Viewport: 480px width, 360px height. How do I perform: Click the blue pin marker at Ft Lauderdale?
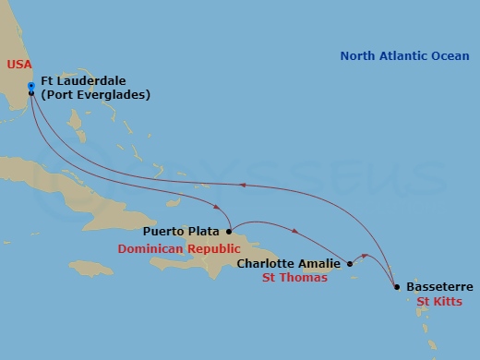[x=31, y=88]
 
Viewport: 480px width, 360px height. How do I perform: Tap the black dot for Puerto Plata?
[x=229, y=231]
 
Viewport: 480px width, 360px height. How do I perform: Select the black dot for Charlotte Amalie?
[x=349, y=264]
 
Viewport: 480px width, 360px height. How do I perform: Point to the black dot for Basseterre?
[x=397, y=287]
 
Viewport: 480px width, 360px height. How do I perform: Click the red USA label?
[x=18, y=66]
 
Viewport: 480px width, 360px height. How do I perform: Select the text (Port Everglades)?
[x=95, y=94]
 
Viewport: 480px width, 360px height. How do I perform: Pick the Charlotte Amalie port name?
[x=288, y=264]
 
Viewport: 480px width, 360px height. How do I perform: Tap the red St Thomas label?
[x=294, y=278]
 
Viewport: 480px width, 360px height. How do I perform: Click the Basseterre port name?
[x=438, y=287]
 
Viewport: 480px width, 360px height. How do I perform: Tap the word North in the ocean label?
[x=358, y=56]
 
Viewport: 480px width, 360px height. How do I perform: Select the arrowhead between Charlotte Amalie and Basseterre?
[x=367, y=256]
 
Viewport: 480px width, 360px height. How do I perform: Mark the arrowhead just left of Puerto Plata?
[x=216, y=209]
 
